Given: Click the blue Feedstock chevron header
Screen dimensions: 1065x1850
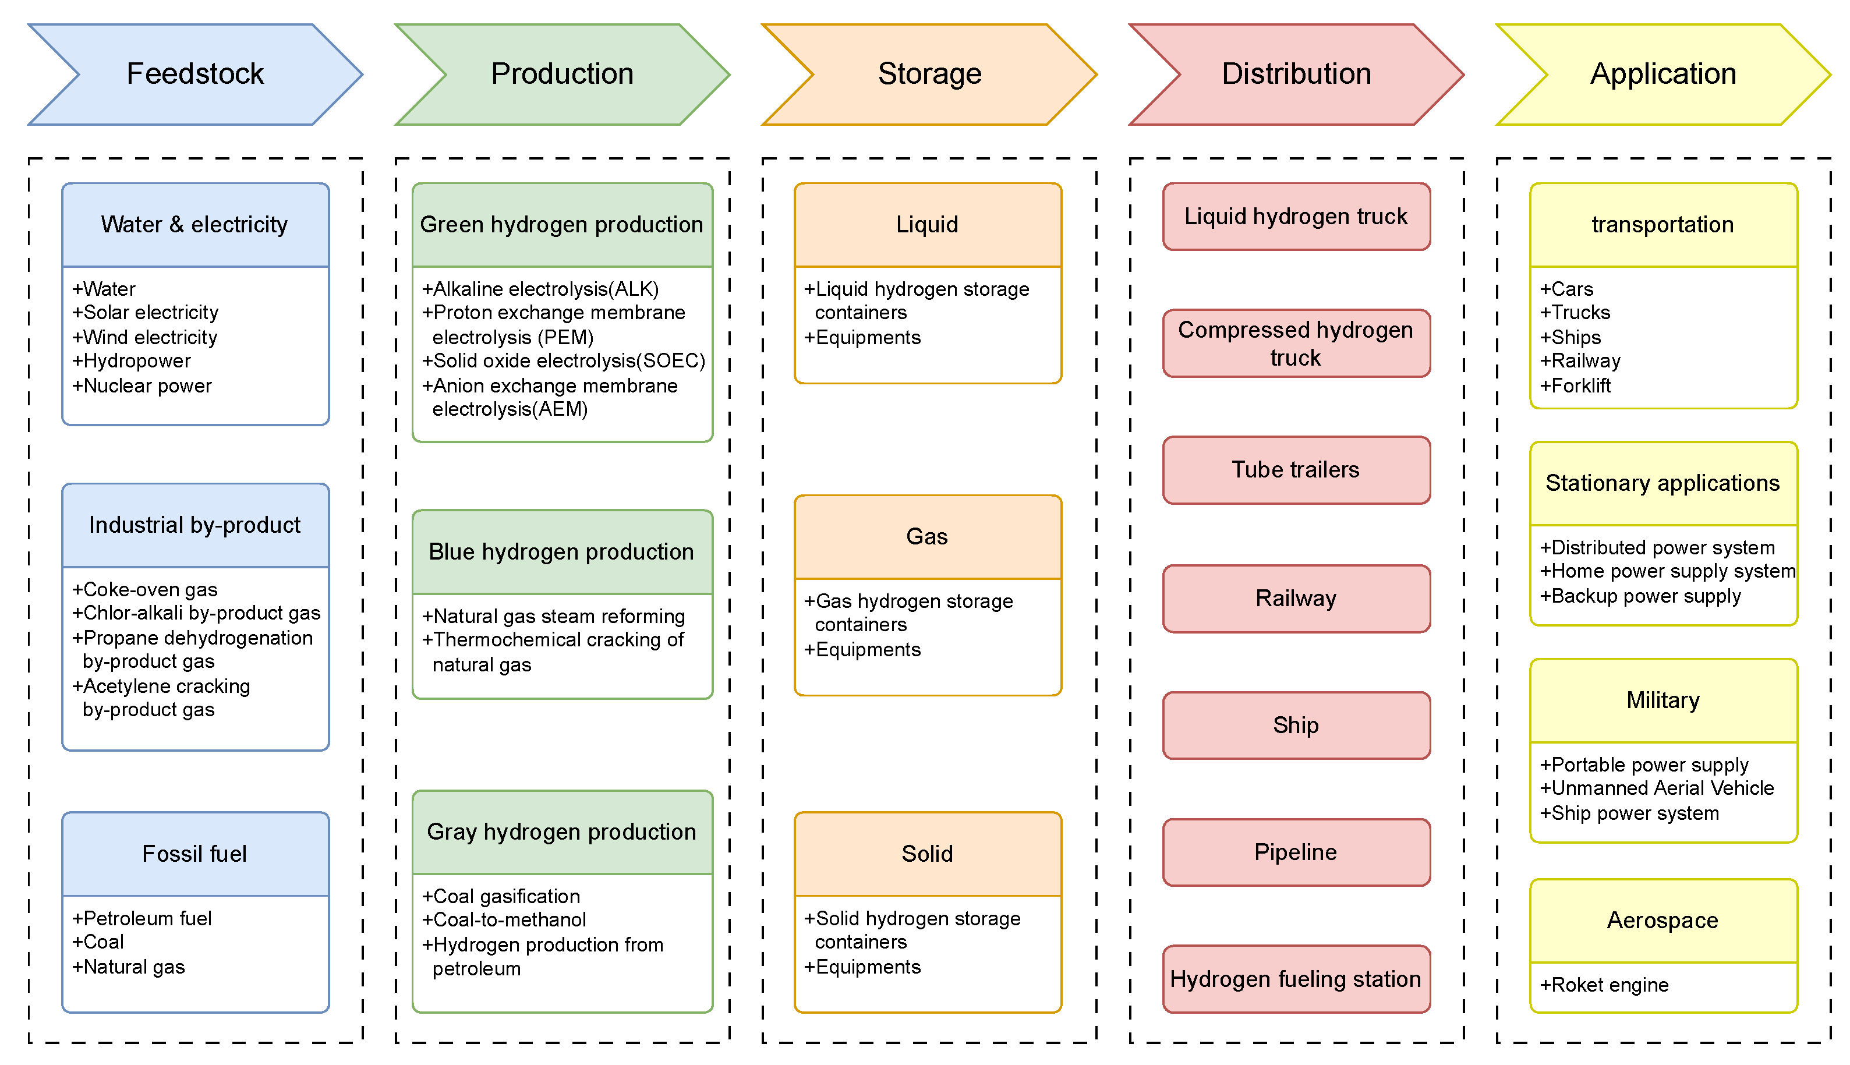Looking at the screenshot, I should (x=194, y=74).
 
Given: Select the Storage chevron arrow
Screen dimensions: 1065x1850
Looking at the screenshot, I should (x=929, y=74).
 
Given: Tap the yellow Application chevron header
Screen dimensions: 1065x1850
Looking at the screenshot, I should (x=1662, y=74).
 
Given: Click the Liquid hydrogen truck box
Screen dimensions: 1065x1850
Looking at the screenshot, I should (x=1296, y=217).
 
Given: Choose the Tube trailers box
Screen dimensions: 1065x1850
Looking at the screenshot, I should (x=1296, y=469).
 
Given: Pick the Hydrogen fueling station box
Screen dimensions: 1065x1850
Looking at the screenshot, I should (x=1296, y=979).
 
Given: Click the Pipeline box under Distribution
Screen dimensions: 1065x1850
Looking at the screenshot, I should (x=1296, y=852).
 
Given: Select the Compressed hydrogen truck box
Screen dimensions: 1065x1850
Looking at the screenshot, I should (x=1296, y=343).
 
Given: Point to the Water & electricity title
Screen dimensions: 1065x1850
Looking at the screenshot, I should (x=194, y=225).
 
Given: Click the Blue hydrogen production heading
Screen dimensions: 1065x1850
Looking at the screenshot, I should (x=561, y=551).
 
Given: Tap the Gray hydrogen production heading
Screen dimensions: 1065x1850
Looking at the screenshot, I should (x=561, y=832).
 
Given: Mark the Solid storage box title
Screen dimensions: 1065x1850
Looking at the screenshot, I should (x=927, y=854).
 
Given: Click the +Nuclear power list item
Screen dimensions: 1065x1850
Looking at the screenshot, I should (x=142, y=385).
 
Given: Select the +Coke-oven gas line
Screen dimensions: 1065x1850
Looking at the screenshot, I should (x=145, y=589).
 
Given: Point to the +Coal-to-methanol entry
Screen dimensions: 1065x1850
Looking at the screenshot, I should (x=504, y=920).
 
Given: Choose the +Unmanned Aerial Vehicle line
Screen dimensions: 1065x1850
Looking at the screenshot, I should (x=1656, y=788).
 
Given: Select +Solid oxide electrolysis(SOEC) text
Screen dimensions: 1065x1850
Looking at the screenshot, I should (x=563, y=360).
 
